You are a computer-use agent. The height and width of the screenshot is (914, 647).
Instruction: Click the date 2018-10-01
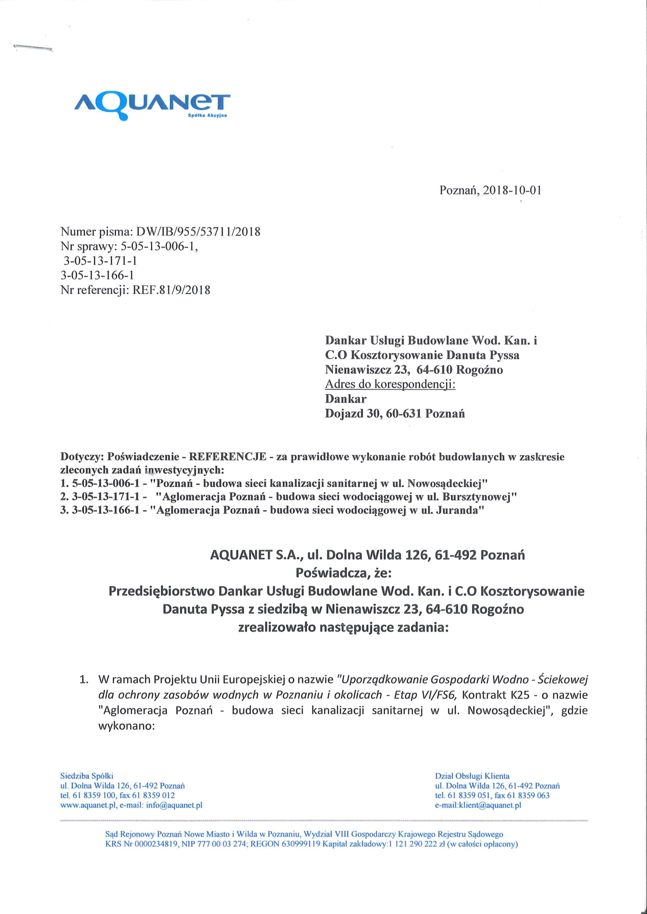pyautogui.click(x=512, y=190)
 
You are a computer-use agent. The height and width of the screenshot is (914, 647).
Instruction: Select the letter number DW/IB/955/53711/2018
pyautogui.click(x=198, y=231)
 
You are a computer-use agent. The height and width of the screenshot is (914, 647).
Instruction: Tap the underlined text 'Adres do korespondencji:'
pyautogui.click(x=390, y=384)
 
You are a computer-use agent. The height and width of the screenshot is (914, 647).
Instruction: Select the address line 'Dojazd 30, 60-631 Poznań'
pyautogui.click(x=395, y=413)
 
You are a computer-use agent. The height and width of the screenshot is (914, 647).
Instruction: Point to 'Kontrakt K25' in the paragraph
pyautogui.click(x=496, y=695)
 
